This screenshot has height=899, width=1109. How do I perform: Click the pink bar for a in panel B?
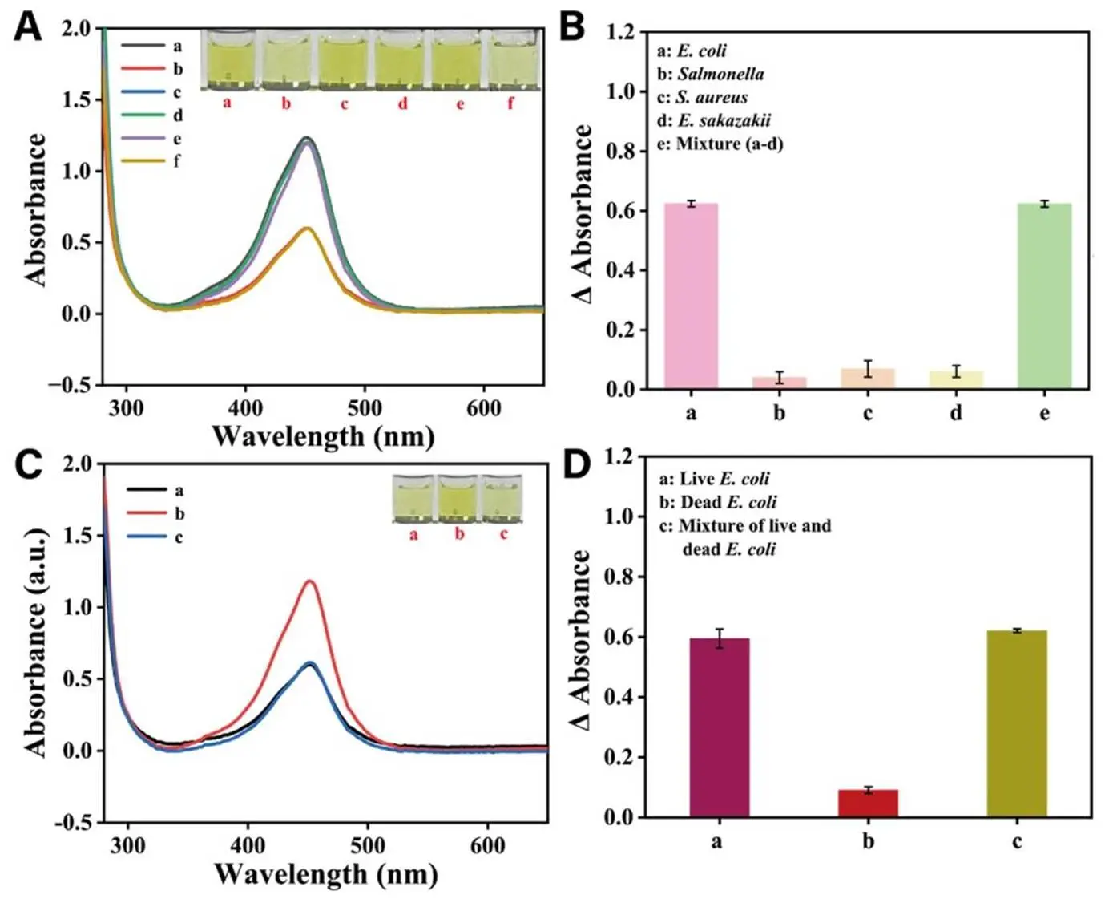[691, 296]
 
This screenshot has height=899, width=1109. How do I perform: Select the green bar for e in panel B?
[1044, 296]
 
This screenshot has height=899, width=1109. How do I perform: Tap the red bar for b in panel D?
[868, 803]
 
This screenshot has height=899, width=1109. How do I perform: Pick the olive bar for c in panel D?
[1016, 723]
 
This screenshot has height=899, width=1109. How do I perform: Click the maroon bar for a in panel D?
[719, 727]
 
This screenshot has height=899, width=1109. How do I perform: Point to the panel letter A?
[28, 27]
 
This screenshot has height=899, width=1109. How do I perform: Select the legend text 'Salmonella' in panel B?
[720, 74]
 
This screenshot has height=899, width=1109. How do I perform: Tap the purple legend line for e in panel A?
[143, 139]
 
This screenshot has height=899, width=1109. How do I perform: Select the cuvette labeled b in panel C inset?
[458, 499]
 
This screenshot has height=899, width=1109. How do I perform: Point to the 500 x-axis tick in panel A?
[364, 407]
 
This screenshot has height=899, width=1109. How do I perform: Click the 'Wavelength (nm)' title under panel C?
[325, 873]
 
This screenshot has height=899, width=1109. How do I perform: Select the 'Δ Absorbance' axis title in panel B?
[583, 214]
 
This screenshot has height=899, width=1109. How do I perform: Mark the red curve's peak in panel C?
[309, 581]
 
